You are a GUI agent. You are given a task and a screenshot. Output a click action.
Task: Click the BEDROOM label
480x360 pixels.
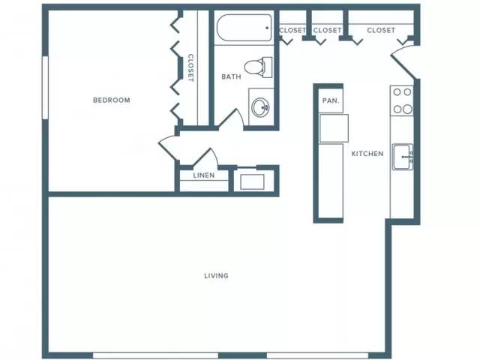point(112,100)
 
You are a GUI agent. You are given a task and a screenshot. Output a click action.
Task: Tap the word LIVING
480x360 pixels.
point(217,276)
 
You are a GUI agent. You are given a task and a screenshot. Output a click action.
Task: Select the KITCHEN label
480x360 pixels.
point(367,154)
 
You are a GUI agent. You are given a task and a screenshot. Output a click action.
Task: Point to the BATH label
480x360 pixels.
point(231,76)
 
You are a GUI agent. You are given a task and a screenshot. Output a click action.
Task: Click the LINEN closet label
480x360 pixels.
point(204,175)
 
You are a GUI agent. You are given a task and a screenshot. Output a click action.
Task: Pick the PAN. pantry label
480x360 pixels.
point(331,100)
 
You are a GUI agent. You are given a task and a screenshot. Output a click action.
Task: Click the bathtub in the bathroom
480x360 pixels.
point(244,28)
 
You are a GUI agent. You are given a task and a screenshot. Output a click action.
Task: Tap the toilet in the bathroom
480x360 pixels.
point(258,67)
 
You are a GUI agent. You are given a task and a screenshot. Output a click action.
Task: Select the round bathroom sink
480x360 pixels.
point(260,107)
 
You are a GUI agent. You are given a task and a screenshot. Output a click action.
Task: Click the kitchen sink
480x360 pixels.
point(403,157)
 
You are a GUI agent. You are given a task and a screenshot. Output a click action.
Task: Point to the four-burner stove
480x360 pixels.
point(402,100)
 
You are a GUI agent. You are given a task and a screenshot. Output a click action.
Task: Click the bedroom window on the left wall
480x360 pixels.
point(45,88)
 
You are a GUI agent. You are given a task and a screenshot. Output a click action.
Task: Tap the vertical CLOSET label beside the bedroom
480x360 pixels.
point(190,67)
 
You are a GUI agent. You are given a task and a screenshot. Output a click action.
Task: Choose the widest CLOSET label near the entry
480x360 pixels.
point(381,30)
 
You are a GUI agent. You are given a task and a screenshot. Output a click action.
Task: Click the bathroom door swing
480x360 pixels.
point(231,118)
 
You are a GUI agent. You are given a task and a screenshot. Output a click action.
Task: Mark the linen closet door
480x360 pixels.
point(205,157)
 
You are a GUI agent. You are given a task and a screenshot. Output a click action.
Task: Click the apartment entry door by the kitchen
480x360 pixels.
point(403,62)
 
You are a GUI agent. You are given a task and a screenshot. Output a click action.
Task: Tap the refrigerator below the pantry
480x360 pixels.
point(334,128)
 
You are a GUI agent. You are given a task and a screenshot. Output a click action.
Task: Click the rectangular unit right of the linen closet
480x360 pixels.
point(252,181)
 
